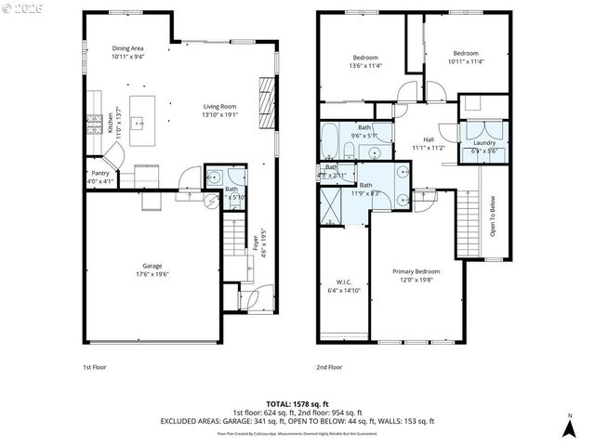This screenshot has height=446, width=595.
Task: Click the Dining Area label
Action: (127, 48)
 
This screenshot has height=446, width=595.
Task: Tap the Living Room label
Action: (220, 107)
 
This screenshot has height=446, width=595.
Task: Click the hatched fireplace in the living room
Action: (266, 93)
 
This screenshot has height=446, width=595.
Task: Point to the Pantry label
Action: (100, 174)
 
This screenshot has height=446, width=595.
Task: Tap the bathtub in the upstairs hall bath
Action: (332, 142)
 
